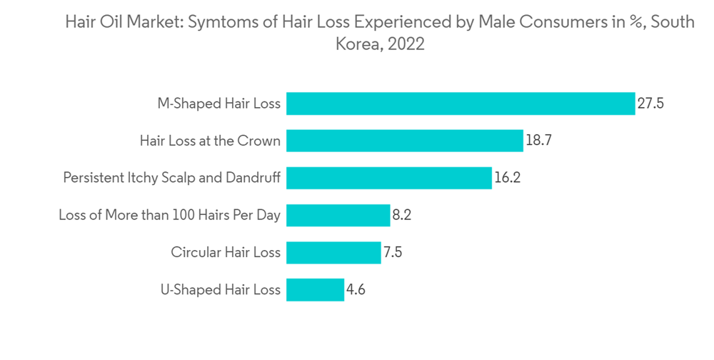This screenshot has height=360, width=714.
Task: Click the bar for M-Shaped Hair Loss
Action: [x=461, y=104]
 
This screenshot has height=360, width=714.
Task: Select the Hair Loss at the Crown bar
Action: [x=405, y=141]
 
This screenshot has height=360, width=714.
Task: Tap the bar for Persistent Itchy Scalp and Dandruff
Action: [x=389, y=178]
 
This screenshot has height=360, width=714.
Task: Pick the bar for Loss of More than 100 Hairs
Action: [x=338, y=215]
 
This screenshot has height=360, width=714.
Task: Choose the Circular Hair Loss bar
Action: [x=333, y=252]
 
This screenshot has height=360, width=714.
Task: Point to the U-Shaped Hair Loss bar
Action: [x=315, y=290]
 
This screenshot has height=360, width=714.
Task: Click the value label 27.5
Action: [x=651, y=104]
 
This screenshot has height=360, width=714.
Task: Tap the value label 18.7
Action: [x=539, y=141]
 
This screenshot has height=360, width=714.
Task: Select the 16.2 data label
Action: [x=508, y=178]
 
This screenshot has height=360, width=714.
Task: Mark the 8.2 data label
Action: [x=403, y=215]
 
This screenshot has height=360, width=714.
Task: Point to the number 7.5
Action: [x=393, y=252]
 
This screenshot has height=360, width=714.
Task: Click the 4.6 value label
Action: [x=356, y=290]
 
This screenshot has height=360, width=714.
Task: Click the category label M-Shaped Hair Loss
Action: [x=218, y=104]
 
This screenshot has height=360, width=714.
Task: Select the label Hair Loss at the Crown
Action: [x=210, y=141]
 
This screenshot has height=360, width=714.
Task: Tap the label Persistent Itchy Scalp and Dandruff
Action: [x=171, y=178]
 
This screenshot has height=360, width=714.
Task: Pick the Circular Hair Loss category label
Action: [x=226, y=252]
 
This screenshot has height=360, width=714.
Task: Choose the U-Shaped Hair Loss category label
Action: [x=220, y=290]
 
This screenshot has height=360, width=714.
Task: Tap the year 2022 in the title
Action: [x=406, y=44]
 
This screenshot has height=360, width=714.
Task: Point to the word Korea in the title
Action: [x=353, y=44]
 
